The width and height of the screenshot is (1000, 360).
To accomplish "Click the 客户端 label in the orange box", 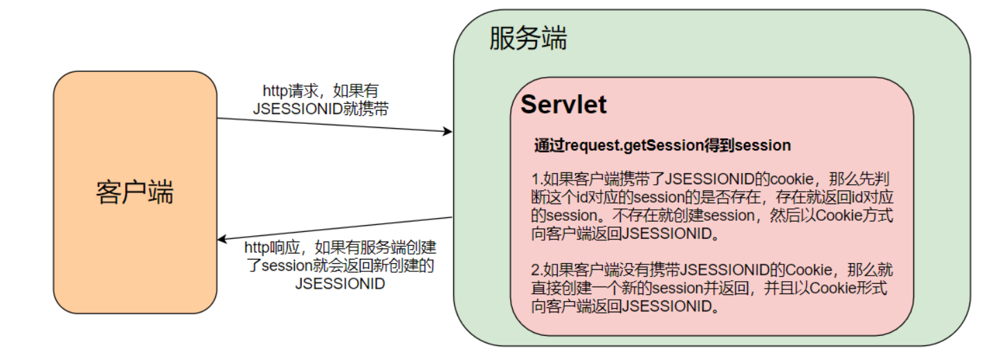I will tap(134, 192).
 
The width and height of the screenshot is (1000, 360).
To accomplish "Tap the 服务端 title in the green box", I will tap(527, 39).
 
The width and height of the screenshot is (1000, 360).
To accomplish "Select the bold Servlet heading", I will tap(563, 105).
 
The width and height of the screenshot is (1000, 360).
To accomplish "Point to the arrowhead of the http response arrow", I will tap(221, 240).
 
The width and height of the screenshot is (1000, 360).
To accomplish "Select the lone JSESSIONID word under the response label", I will tap(340, 284).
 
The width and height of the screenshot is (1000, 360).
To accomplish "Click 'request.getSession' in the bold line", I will tap(627, 146).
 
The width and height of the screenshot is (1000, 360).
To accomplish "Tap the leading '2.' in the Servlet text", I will tap(536, 270).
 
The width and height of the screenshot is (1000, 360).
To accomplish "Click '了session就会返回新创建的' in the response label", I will tap(340, 266).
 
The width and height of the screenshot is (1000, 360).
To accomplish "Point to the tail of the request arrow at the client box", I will tap(219, 118).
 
